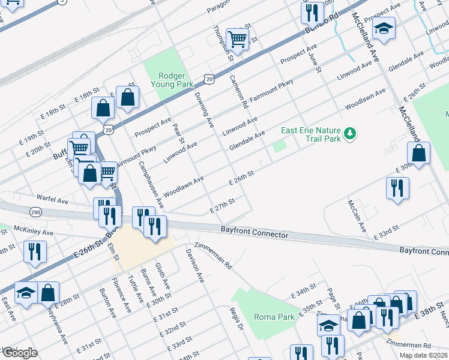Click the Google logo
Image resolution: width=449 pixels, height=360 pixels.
[20, 352]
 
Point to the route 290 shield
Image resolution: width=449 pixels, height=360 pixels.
[35, 212]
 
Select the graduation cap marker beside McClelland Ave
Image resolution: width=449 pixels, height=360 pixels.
[382, 28]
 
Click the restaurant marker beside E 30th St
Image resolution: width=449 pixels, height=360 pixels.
[397, 188]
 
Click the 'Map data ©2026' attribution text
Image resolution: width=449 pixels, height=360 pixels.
[423, 355]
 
